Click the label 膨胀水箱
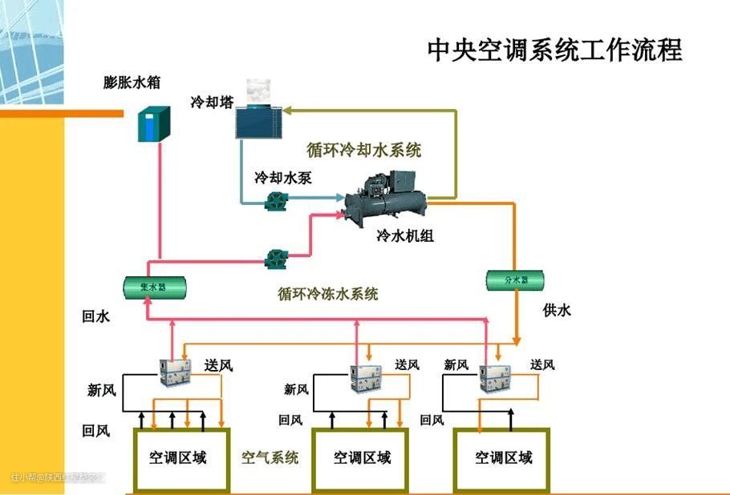click(x=131, y=82)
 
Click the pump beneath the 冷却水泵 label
click(x=278, y=201)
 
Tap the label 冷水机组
click(x=405, y=237)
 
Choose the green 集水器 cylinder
click(x=155, y=285)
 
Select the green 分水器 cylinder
click(x=517, y=280)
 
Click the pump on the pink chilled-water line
click(x=278, y=258)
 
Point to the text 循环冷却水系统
click(x=363, y=150)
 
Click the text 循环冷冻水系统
click(x=328, y=294)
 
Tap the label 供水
click(x=557, y=311)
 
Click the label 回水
click(x=95, y=316)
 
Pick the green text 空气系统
click(x=270, y=457)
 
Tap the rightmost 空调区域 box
click(x=503, y=458)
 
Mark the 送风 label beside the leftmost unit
click(x=218, y=365)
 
